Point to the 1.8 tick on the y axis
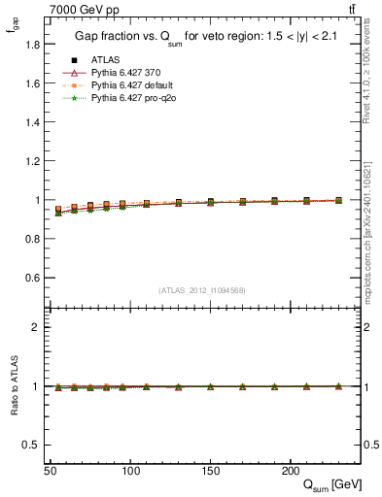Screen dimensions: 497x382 pyautogui.click(x=31, y=45)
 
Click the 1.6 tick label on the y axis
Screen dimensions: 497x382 pyautogui.click(x=31, y=83)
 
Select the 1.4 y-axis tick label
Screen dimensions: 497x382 pyautogui.click(x=31, y=122)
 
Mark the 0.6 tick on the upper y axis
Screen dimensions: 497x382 pyautogui.click(x=31, y=278)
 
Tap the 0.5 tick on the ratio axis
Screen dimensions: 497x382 pyautogui.click(x=31, y=445)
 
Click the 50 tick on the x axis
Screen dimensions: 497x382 pyautogui.click(x=50, y=471)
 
